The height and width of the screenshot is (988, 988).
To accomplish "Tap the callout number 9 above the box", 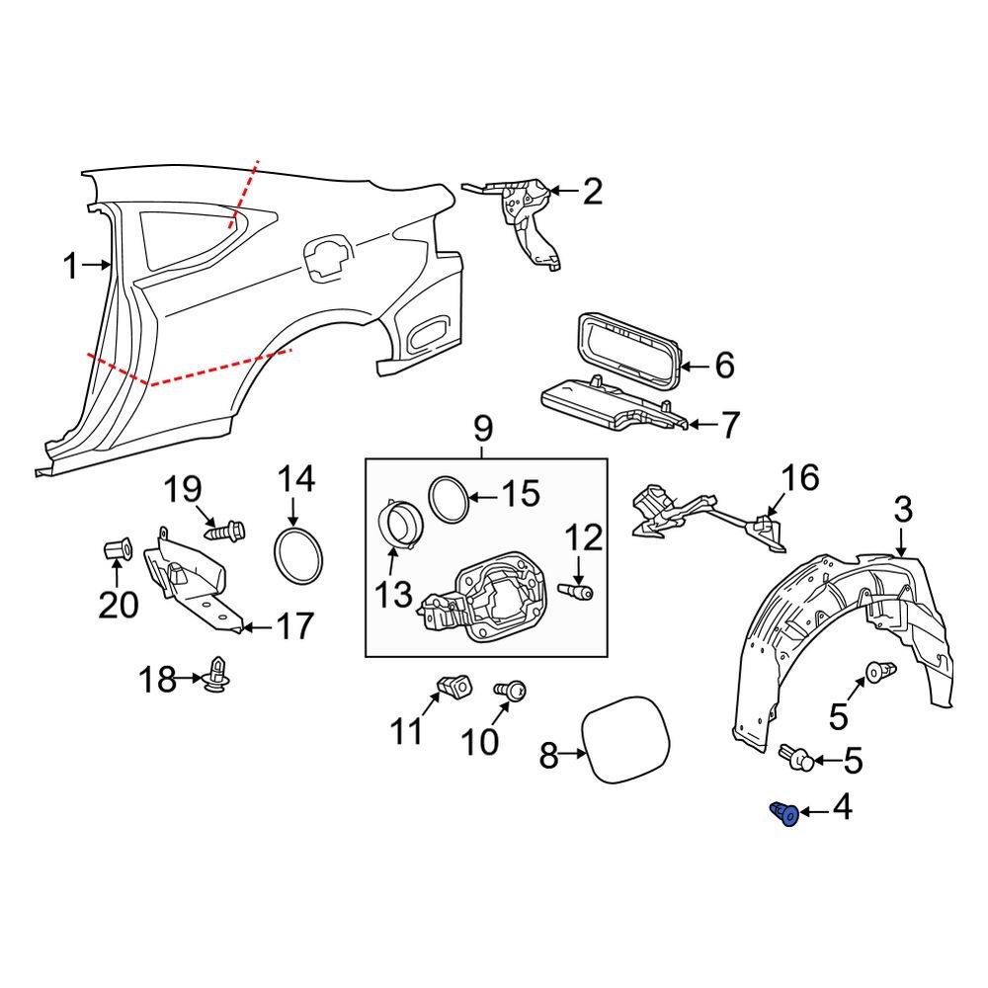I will [483, 430].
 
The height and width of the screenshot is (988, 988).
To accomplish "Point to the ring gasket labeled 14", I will [297, 557].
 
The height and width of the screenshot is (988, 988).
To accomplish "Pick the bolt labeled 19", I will [223, 531].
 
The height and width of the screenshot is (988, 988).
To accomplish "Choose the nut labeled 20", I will [117, 546].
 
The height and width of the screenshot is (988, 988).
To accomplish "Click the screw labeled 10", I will [513, 693].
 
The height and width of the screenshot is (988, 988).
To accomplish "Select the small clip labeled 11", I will [453, 684].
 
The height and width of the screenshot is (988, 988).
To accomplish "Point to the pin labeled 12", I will [577, 592].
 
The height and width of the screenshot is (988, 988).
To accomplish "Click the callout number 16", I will [801, 479].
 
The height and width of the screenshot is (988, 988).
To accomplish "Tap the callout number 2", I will [591, 191].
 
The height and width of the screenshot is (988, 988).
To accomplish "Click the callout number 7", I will [728, 426].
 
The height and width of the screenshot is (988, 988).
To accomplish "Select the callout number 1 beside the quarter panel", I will [69, 265].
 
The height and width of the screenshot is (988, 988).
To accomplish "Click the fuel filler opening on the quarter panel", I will [326, 256].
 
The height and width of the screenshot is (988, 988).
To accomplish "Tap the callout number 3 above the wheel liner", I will [903, 511].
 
